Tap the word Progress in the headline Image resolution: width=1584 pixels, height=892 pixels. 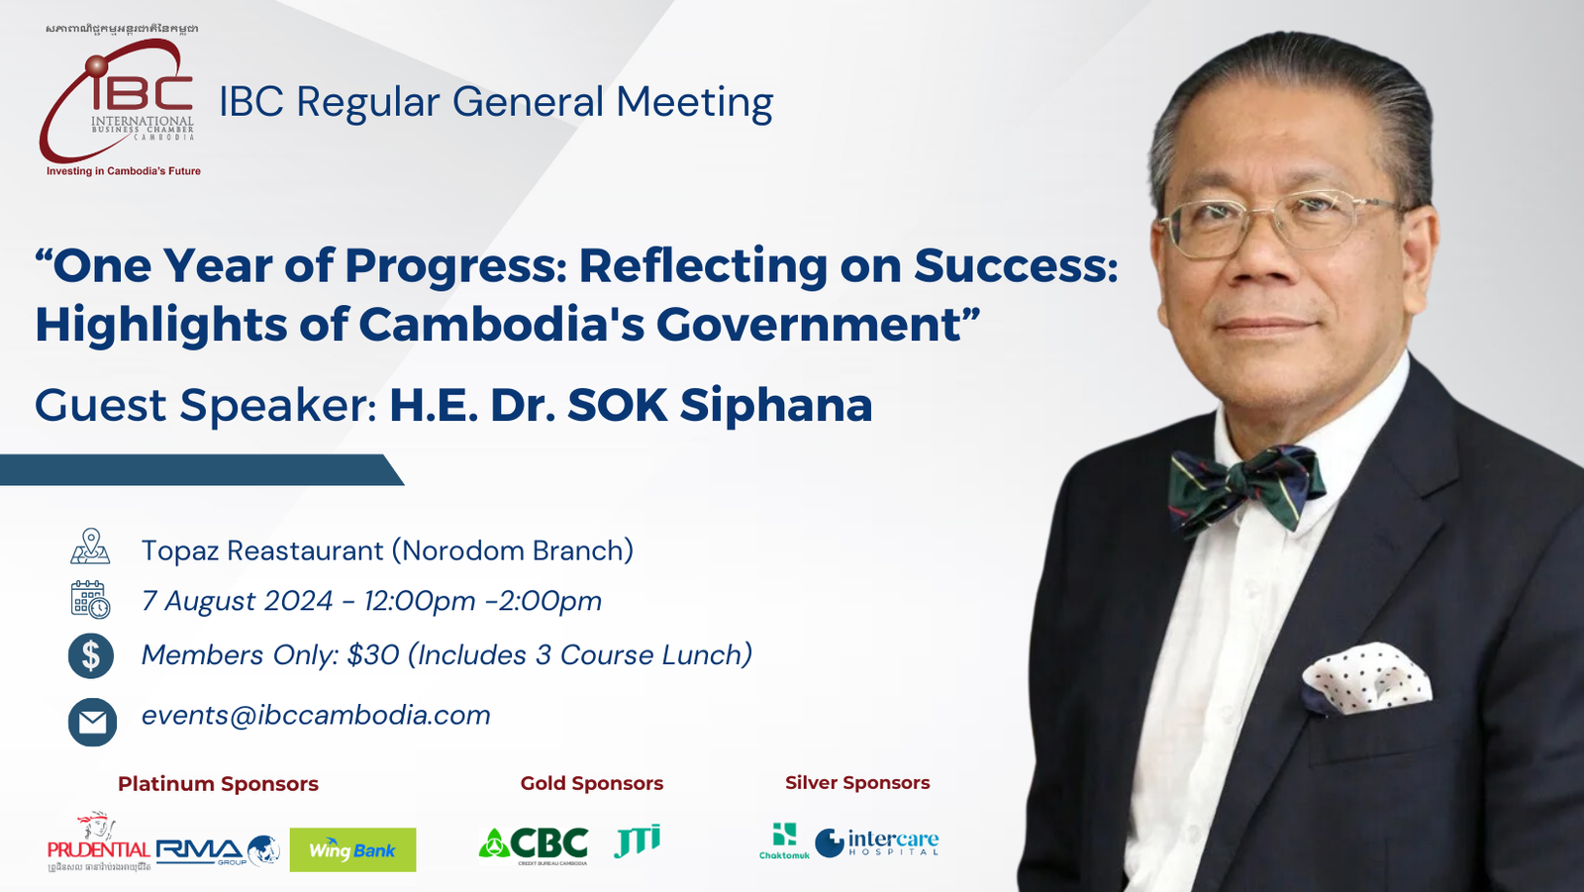454,265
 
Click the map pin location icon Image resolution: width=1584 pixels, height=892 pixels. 90,546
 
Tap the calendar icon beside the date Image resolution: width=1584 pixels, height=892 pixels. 90,600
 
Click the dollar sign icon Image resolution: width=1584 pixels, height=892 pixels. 91,655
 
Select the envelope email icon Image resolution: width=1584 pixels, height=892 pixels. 92,722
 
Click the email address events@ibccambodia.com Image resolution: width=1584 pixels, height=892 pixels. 316,715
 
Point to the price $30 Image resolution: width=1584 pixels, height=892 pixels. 372,655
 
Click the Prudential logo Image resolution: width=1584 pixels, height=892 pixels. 98,845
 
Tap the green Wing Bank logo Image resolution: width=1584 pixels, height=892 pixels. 352,849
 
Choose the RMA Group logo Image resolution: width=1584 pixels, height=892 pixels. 217,850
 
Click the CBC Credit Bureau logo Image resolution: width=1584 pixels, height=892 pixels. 535,844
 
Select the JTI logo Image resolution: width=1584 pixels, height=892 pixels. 637,841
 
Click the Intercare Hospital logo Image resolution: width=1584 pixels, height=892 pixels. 877,842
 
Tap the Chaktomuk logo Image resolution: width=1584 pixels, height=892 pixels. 784,841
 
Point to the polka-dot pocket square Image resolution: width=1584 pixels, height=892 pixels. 1367,678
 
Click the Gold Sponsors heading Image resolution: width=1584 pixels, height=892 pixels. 591,783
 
